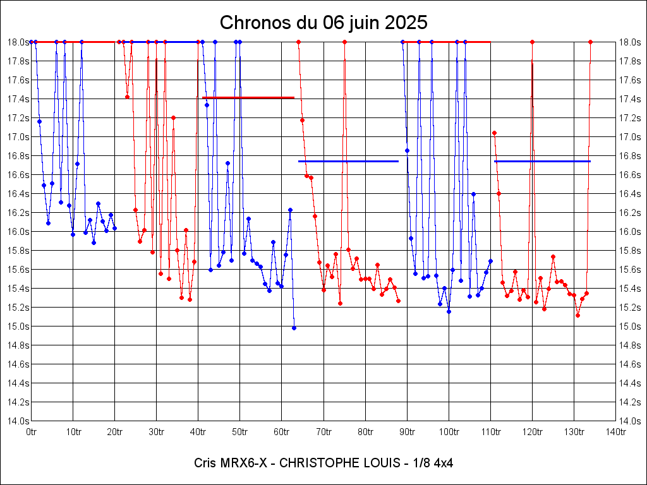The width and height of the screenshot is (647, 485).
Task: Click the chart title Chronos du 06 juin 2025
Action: point(323,23)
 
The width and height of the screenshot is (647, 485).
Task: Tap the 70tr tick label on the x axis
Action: point(323,432)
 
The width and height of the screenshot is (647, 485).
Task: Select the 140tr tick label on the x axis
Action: point(615,432)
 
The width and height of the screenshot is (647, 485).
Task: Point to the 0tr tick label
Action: point(32,432)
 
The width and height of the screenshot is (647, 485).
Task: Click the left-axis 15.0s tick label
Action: point(16,326)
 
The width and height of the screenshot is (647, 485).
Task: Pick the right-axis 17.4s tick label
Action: point(631,99)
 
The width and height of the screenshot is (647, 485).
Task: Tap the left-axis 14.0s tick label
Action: point(16,421)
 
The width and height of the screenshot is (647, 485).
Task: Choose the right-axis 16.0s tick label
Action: point(631,232)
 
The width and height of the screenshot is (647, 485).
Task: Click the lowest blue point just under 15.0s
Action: point(294,328)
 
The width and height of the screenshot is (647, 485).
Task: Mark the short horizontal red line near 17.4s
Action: point(248,98)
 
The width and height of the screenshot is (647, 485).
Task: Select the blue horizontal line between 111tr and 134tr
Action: point(542,161)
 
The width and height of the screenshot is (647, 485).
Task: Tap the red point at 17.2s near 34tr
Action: point(173,117)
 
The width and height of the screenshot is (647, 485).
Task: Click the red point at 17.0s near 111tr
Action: point(494,133)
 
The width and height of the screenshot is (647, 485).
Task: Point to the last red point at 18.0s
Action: point(590,42)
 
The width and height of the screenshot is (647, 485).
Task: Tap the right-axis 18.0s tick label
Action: point(631,42)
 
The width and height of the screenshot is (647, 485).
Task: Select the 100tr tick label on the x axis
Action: point(449,432)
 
